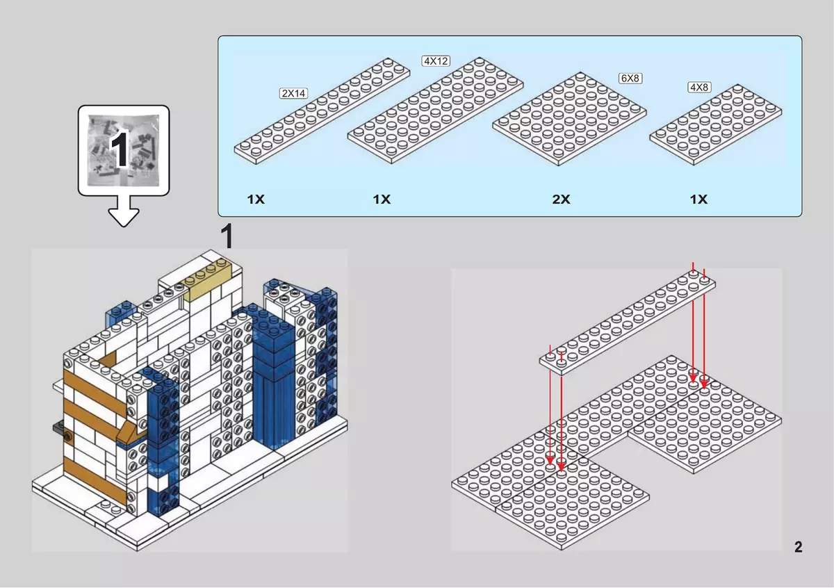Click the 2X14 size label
293,93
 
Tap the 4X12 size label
436,60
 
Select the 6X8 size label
630,79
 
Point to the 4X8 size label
699,87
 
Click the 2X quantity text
561,199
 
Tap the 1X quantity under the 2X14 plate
256,199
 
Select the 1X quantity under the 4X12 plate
382,199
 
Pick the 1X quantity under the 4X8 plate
698,199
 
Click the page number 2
799,547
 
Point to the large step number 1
227,236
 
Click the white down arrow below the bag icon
124,211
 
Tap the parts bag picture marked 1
124,150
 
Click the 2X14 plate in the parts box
322,111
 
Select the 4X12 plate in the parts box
436,111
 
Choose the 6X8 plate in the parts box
569,119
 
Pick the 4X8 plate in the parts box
716,124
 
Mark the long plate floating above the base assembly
628,322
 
